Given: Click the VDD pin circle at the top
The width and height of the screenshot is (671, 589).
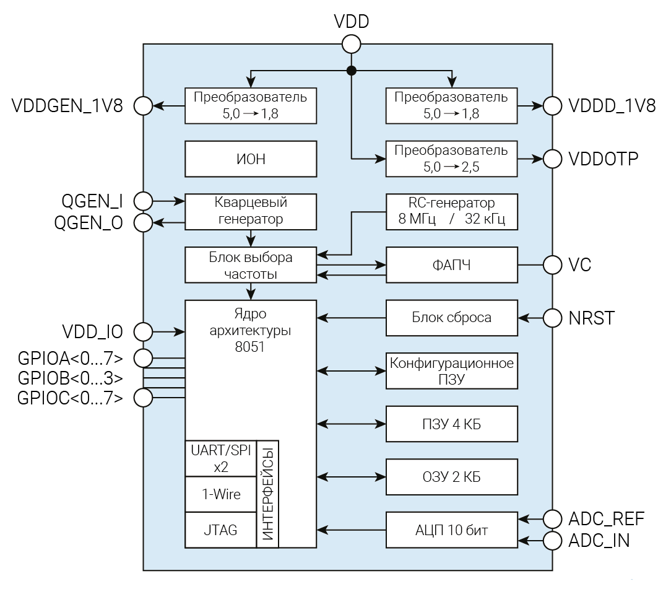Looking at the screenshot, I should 351,44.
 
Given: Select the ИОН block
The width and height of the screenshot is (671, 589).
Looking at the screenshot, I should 251,159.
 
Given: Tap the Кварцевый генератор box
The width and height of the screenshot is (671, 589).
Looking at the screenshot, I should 251,211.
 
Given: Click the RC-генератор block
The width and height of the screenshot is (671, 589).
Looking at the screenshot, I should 451,211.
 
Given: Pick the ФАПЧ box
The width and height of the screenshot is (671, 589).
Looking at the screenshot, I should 451,265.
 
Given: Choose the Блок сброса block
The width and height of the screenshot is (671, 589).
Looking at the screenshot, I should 451,318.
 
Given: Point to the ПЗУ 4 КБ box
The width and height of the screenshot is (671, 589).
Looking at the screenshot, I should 451,424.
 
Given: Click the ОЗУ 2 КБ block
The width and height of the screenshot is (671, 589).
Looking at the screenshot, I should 451,476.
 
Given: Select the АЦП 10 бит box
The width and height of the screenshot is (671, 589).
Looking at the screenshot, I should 451,530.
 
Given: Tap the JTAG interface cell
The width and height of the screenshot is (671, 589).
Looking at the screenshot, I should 221,530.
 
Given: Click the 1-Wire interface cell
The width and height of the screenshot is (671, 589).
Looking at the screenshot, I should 221,494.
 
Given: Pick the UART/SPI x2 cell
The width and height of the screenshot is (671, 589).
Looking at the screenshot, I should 221,458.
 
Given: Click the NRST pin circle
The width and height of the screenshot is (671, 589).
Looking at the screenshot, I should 552,318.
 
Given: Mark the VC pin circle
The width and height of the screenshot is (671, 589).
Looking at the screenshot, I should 552,265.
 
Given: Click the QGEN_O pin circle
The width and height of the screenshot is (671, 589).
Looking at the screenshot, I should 143,222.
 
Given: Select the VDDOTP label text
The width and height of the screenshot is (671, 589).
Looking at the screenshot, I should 603,159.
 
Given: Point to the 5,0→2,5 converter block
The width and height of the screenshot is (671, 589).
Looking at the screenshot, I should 451,159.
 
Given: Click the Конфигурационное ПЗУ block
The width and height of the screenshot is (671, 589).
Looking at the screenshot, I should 451,370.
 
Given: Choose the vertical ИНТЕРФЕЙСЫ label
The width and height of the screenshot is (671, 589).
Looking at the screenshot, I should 268,494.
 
